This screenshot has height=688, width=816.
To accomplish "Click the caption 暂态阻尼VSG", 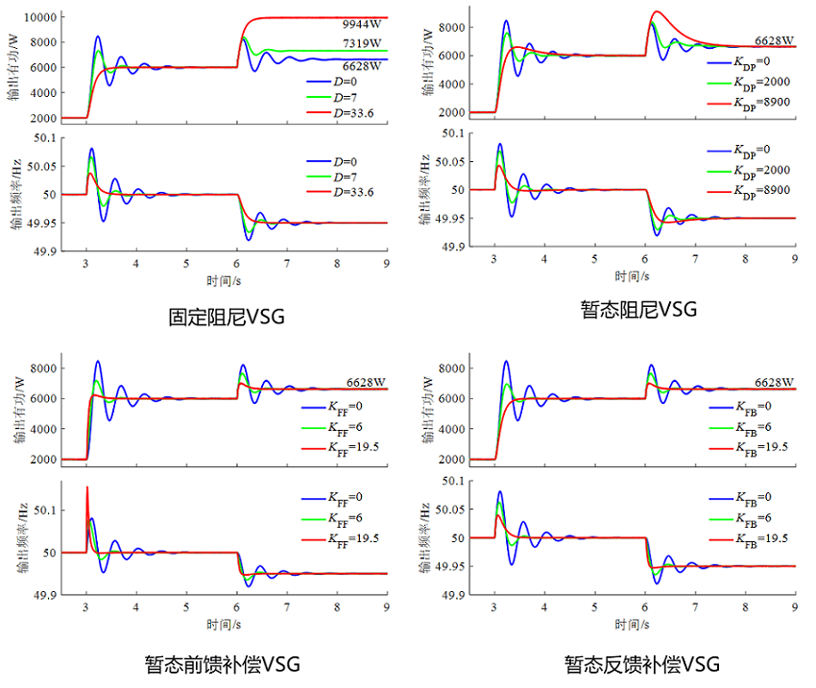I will pos(637,309).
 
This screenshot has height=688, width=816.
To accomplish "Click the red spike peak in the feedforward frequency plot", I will pos(87,487).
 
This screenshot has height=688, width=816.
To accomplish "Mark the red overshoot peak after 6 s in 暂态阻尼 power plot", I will pos(657,12).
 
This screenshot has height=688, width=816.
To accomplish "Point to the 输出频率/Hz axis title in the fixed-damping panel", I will pos(15,195).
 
